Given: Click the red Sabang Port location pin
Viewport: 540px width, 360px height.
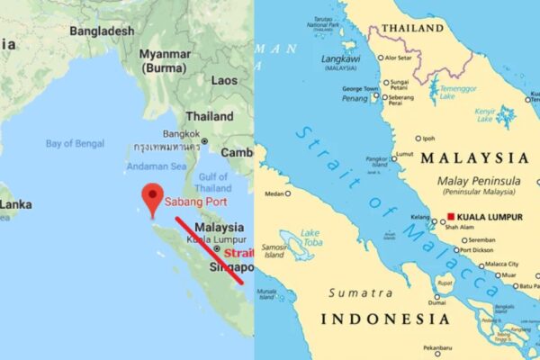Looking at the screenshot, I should [x=153, y=196].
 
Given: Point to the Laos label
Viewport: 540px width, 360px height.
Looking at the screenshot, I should [x=224, y=80].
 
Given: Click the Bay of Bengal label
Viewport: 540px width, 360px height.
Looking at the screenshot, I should [x=76, y=143].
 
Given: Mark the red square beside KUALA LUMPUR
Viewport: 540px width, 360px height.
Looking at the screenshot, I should [x=450, y=217].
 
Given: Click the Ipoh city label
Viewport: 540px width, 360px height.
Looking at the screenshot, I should [x=428, y=139].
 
